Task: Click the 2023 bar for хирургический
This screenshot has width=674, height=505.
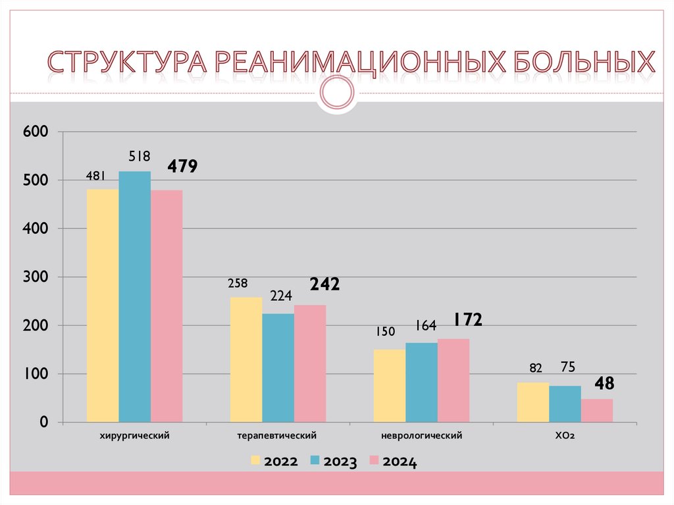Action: coord(135,296)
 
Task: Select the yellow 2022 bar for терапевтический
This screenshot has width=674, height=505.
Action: coord(246,359)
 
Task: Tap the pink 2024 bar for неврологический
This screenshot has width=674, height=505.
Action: coord(454,380)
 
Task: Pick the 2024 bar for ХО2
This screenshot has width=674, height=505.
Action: coord(597,410)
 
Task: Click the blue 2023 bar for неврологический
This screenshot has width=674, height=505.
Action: coord(421,382)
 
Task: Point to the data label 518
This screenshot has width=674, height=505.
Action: coord(140,157)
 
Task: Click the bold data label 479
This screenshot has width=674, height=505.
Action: coord(182,167)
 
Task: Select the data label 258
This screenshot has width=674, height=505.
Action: coord(238,284)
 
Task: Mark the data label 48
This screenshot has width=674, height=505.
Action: coord(604,383)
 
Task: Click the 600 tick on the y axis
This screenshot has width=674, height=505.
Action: coord(36,132)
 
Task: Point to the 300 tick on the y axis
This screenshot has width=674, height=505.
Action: coord(36,277)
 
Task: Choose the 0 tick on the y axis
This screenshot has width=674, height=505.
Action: coord(43,423)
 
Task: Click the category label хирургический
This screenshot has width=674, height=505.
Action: coord(135,436)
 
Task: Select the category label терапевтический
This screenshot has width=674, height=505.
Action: coord(278,436)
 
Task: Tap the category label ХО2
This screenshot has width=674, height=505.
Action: coord(565,436)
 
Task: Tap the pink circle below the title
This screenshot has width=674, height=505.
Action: coord(337,93)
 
